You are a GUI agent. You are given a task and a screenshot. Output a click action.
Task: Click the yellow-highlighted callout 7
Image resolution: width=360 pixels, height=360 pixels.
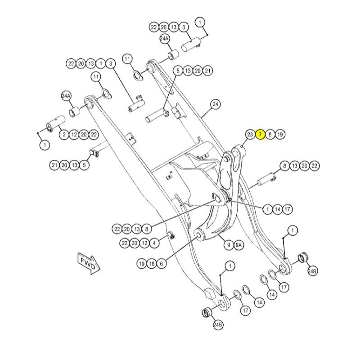click(260, 135)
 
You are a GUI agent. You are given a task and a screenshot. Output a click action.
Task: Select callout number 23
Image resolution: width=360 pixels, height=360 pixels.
click(250, 135)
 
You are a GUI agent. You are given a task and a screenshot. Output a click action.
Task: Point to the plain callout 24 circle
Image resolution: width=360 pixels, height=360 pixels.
click(216, 105)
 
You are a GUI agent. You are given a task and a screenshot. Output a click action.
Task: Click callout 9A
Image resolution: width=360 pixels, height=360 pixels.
click(239, 245)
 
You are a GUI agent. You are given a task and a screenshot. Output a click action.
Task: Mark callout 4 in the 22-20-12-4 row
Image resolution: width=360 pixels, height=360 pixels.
click(155, 243)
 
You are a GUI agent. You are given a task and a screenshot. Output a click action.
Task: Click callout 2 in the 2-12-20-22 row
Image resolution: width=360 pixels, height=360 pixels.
click(64, 134)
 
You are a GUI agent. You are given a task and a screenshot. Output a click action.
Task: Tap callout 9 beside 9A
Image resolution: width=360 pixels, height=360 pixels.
click(229, 245)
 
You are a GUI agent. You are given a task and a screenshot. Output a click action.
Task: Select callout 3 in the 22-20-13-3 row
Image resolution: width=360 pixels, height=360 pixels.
click(183, 27)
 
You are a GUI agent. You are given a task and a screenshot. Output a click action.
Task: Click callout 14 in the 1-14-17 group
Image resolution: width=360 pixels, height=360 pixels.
click(278, 209)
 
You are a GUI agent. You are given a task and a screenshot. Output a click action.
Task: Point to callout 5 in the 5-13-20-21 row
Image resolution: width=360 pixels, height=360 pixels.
click(178, 71)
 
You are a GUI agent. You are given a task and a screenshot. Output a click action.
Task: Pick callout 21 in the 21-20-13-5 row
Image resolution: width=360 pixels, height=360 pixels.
click(55, 165)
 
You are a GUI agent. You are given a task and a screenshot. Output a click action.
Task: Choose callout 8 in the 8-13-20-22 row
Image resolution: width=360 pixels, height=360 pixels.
click(284, 166)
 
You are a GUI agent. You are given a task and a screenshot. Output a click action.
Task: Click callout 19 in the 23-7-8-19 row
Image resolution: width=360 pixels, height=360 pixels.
click(280, 135)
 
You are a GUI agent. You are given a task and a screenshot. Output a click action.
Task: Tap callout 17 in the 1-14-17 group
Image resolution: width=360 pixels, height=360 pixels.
click(288, 209)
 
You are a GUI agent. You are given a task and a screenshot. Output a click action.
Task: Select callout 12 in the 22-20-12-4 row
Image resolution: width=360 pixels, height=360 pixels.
click(145, 243)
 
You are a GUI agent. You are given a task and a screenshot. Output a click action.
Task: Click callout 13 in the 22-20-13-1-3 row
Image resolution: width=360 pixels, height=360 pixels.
click(91, 63)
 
